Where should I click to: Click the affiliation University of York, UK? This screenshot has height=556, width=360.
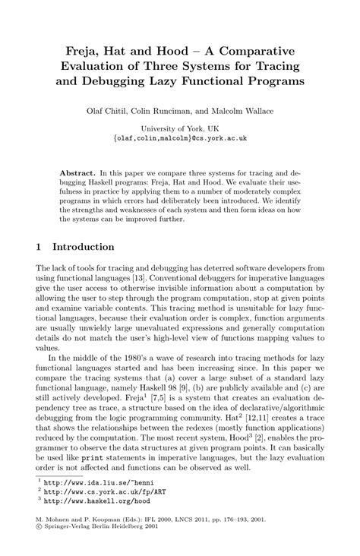(x=179, y=129)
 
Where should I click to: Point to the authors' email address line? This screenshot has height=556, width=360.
(x=179, y=139)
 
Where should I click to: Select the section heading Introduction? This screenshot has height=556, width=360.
(x=82, y=247)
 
